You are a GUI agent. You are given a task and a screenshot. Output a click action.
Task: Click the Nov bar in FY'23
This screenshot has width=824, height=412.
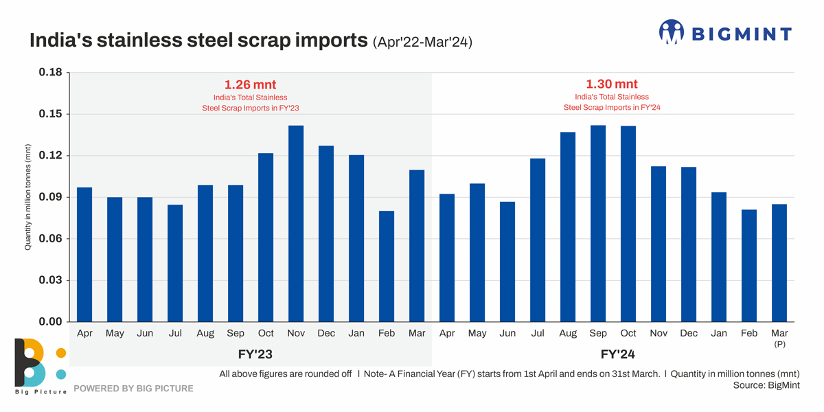(x=296, y=223)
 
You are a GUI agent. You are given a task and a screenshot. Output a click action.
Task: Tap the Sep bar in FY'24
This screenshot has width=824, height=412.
(x=598, y=223)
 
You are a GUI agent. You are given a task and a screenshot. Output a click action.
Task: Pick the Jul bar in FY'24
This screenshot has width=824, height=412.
(x=538, y=240)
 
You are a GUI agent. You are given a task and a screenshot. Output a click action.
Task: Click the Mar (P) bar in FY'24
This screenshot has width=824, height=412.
(x=779, y=262)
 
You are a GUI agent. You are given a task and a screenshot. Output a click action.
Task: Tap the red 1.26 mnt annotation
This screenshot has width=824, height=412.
(x=250, y=85)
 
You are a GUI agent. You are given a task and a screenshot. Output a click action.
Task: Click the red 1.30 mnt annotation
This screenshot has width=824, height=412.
(x=611, y=84)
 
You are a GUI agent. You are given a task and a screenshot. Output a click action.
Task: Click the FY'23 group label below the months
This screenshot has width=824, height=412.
(x=250, y=355)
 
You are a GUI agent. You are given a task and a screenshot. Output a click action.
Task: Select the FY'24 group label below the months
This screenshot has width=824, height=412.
(x=611, y=355)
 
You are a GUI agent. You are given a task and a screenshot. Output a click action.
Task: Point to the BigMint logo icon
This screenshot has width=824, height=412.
(x=671, y=32)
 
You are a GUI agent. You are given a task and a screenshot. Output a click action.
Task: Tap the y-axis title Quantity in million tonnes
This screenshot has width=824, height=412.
(x=28, y=197)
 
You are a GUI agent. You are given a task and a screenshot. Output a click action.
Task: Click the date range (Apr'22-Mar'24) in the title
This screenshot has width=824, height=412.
(x=422, y=43)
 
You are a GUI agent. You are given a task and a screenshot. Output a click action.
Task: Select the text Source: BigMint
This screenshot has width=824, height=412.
(x=766, y=385)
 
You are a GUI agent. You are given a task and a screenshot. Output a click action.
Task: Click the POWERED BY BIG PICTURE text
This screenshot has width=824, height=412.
(x=133, y=389)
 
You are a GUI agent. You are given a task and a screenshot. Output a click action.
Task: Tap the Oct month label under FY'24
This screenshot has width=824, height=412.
(x=628, y=333)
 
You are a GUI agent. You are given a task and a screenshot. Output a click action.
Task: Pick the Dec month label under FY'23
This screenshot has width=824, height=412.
(x=326, y=333)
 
